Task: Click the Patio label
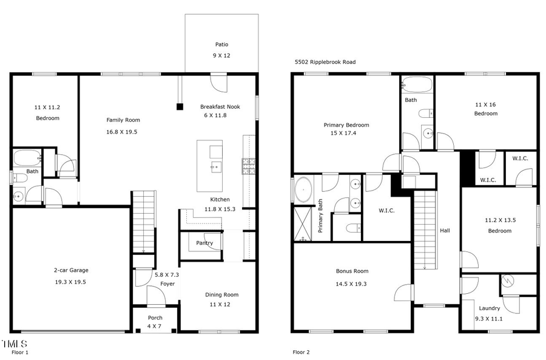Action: pyautogui.click(x=221, y=44)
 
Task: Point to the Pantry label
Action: pyautogui.click(x=204, y=243)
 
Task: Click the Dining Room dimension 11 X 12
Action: pyautogui.click(x=221, y=304)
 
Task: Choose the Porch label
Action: pyautogui.click(x=155, y=318)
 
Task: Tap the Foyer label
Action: pyautogui.click(x=167, y=284)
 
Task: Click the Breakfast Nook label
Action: pyautogui.click(x=220, y=107)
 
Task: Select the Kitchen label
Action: pyautogui.click(x=220, y=199)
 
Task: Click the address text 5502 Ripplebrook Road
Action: pyautogui.click(x=325, y=62)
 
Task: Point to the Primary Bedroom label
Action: pyautogui.click(x=346, y=125)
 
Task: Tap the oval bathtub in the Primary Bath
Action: pyautogui.click(x=304, y=190)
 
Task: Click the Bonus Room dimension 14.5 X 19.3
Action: pyautogui.click(x=352, y=284)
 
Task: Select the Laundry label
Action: pyautogui.click(x=489, y=308)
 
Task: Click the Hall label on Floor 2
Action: pyautogui.click(x=445, y=231)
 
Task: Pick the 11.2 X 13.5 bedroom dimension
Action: pyautogui.click(x=500, y=220)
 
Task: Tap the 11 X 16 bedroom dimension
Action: pyautogui.click(x=485, y=104)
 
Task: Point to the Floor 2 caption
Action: pyautogui.click(x=301, y=352)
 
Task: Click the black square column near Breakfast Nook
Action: pyautogui.click(x=180, y=107)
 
